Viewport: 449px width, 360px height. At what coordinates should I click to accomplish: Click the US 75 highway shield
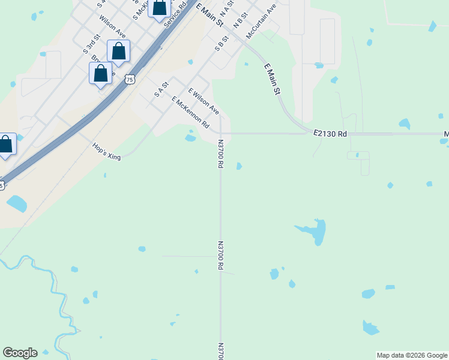pos(130,79)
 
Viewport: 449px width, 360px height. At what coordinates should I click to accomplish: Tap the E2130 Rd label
pos(330,134)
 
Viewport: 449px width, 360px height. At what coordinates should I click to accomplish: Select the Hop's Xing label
pos(107,151)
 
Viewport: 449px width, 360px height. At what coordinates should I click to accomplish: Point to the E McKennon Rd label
pos(190,112)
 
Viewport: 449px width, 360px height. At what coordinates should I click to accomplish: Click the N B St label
pos(240,22)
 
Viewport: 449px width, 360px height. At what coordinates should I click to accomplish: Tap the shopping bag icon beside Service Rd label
pos(160,8)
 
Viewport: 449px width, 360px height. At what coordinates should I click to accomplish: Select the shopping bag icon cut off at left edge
pos(5,145)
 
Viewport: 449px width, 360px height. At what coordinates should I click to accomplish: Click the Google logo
pos(20,353)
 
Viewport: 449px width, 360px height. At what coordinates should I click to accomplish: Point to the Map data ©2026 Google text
pos(412,355)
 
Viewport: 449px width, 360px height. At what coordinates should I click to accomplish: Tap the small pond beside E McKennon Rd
pos(190,138)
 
